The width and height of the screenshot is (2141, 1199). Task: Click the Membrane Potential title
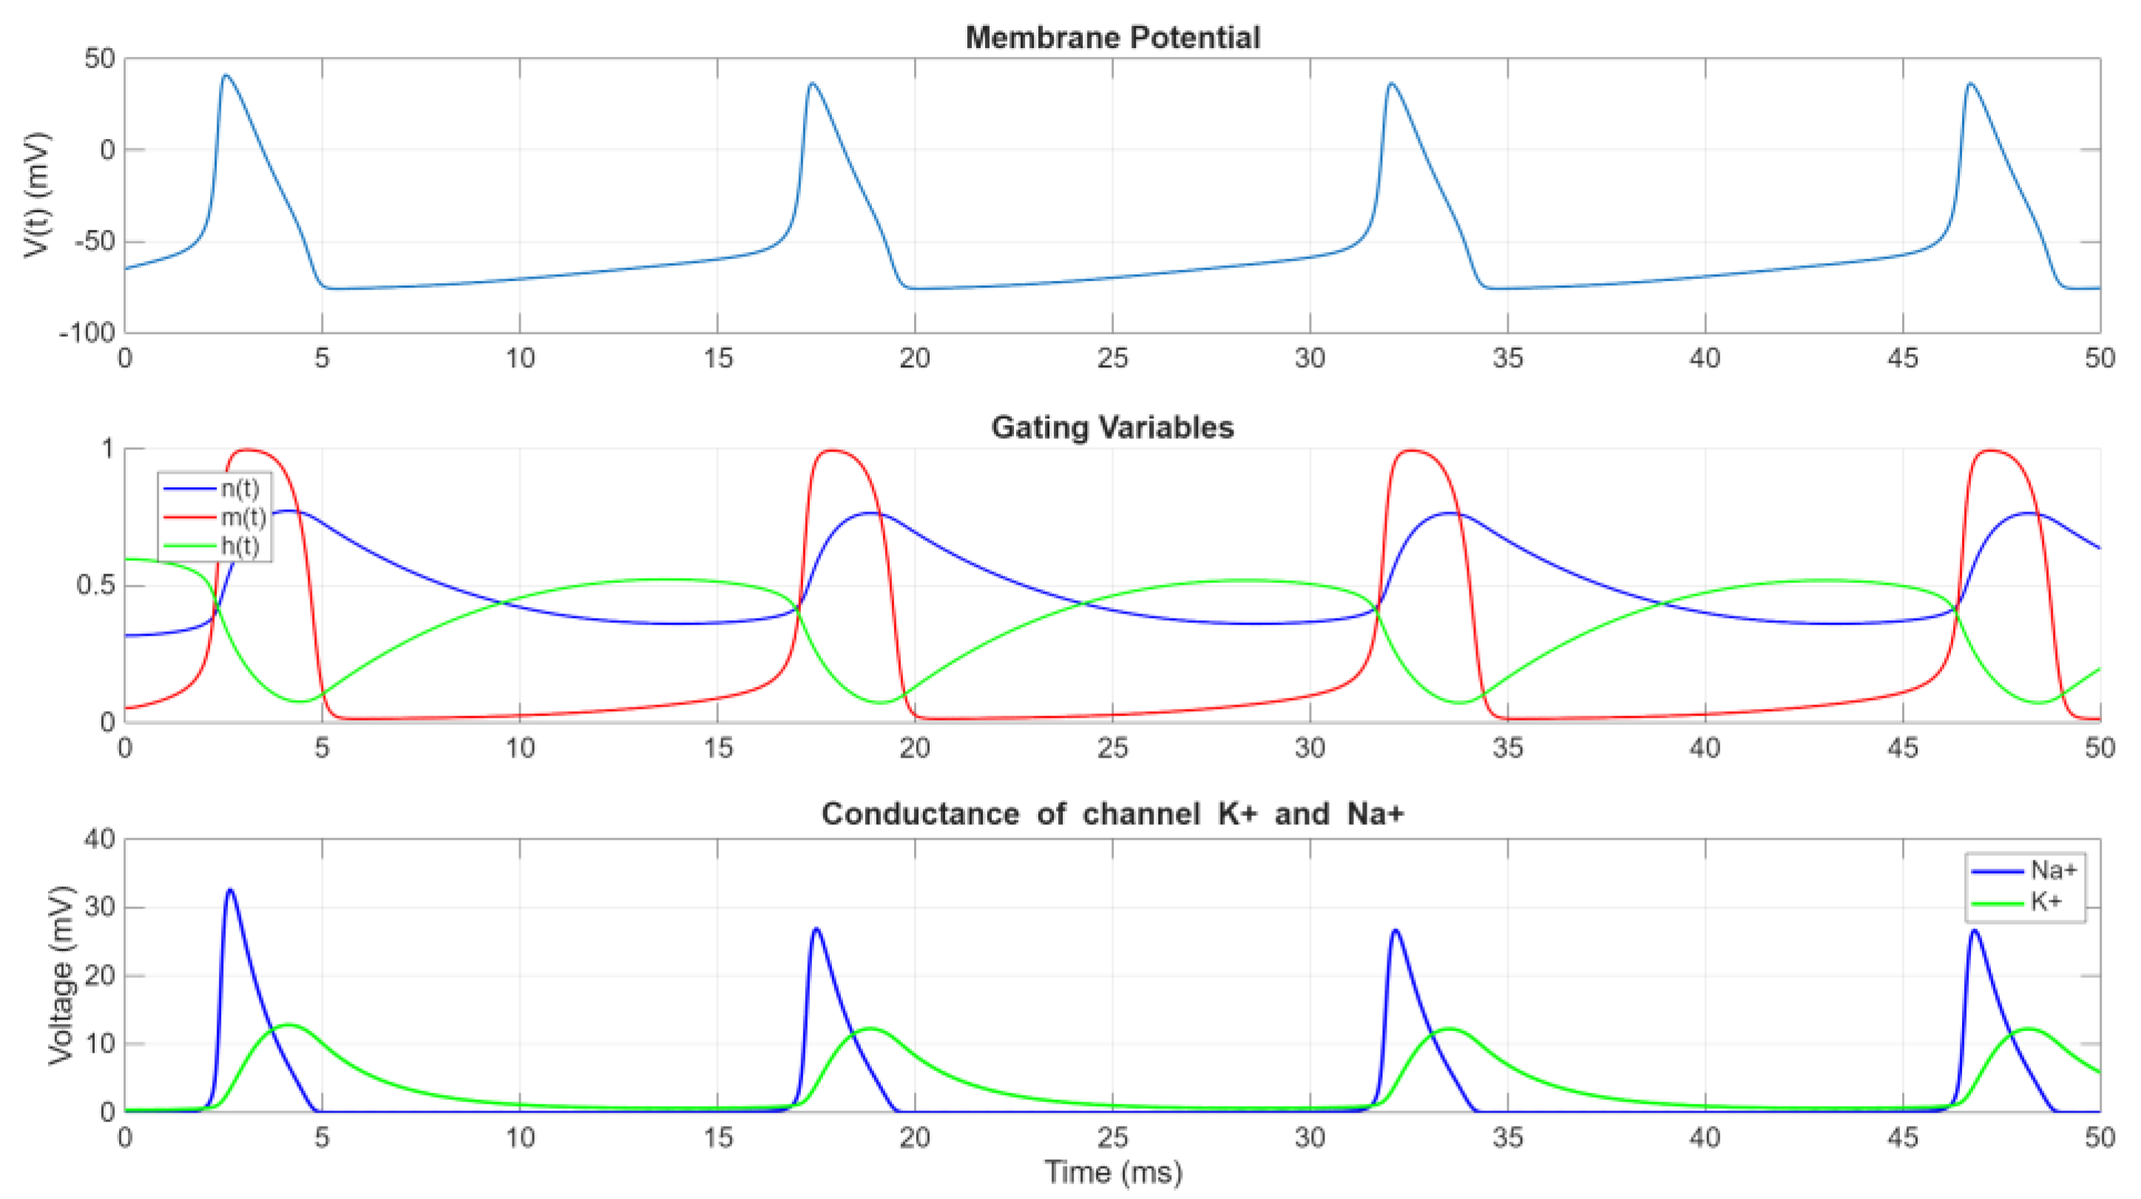(x=1112, y=38)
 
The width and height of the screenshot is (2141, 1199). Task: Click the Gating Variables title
(x=1112, y=427)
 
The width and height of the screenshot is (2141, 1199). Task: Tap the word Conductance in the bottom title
(x=919, y=813)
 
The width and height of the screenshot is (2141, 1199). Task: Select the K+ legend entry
(x=2046, y=902)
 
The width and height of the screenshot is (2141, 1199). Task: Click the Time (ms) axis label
(x=1113, y=1172)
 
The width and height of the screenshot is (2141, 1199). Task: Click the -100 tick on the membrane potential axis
(x=87, y=333)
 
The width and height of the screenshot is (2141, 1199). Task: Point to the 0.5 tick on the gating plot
(x=95, y=585)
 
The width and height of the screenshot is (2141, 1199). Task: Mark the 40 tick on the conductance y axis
(x=99, y=839)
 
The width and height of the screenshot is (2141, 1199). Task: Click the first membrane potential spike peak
(x=226, y=75)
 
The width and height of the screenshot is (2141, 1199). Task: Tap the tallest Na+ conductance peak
(x=230, y=890)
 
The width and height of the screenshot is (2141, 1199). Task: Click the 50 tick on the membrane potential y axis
(x=99, y=59)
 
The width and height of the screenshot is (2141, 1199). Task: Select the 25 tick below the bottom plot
(x=1112, y=1137)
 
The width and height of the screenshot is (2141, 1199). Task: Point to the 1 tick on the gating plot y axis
(x=107, y=449)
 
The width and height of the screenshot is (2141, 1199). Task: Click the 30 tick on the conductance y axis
(x=99, y=907)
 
